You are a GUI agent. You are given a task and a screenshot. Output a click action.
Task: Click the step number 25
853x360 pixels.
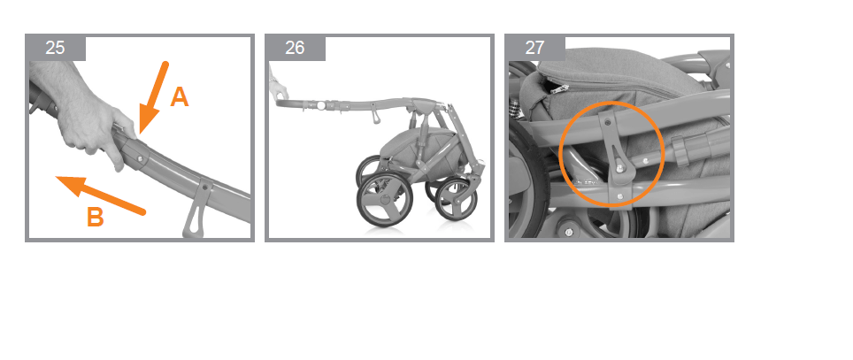[55, 48]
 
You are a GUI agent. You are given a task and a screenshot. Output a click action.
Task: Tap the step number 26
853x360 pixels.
[295, 48]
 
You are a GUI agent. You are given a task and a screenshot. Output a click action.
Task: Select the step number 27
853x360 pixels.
[534, 48]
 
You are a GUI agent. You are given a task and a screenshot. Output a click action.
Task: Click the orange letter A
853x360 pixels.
[180, 97]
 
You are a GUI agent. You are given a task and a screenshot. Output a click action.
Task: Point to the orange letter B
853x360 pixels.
[96, 217]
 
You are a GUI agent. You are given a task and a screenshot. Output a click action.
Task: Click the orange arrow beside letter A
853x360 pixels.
[153, 98]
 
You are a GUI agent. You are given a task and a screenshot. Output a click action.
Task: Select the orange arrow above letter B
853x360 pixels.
[101, 195]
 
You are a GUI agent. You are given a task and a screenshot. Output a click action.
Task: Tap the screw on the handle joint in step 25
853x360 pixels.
[140, 158]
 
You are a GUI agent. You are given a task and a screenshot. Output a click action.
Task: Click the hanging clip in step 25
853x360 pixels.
[197, 208]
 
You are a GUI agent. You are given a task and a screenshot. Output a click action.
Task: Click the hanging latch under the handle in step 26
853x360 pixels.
[375, 115]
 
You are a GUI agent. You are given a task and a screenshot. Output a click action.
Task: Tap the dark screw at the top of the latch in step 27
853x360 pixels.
[608, 124]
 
